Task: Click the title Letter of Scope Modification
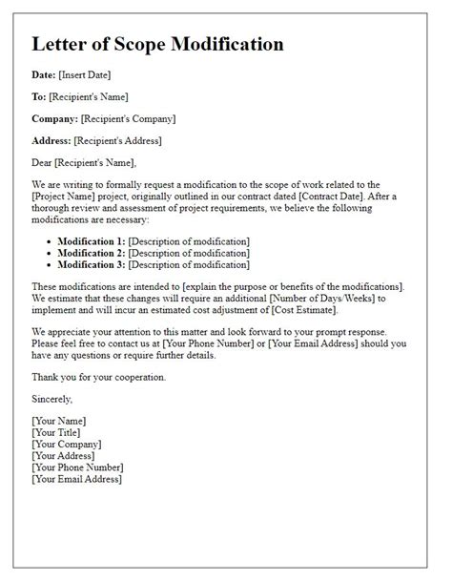point(157,45)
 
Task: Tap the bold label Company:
point(54,119)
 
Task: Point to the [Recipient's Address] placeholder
point(118,140)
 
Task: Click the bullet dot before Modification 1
point(49,242)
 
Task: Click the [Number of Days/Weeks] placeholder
point(323,299)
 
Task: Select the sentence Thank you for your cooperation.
point(98,377)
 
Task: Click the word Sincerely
point(51,399)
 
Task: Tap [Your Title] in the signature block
point(58,432)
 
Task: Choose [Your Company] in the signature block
point(68,444)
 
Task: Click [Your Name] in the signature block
point(59,421)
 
